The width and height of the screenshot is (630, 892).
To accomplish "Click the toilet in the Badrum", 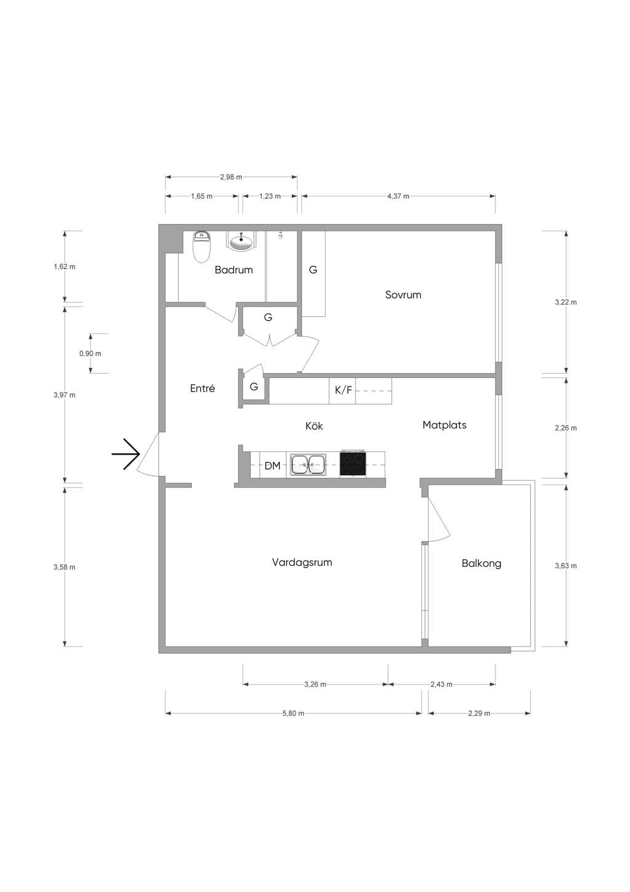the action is (201, 246).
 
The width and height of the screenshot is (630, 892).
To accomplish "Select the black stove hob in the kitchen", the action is (353, 463).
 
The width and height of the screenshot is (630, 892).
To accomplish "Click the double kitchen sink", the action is (308, 464).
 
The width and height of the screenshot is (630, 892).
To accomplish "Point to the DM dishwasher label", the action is (273, 465).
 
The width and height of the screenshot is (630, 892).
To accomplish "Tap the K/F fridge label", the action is (343, 390).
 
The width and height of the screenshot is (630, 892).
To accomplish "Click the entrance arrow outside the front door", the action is (126, 454).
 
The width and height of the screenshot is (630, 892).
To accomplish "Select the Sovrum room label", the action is (403, 295).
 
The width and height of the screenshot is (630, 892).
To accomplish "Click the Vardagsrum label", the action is (301, 562).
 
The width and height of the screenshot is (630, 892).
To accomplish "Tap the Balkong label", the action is (481, 563).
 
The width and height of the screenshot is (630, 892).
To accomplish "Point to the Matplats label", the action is (444, 425).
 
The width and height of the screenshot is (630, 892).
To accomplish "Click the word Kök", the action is (314, 426).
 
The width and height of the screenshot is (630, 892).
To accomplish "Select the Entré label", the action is (202, 388).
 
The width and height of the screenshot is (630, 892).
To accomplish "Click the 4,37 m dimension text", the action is (398, 196).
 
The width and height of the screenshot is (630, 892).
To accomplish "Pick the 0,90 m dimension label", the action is (90, 353).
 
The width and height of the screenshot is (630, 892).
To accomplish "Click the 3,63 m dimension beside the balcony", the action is (565, 566).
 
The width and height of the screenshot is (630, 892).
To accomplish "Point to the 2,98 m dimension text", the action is (231, 177).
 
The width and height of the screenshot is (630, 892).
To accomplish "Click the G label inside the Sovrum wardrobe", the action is (313, 270).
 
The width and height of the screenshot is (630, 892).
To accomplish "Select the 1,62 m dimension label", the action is (65, 267).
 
